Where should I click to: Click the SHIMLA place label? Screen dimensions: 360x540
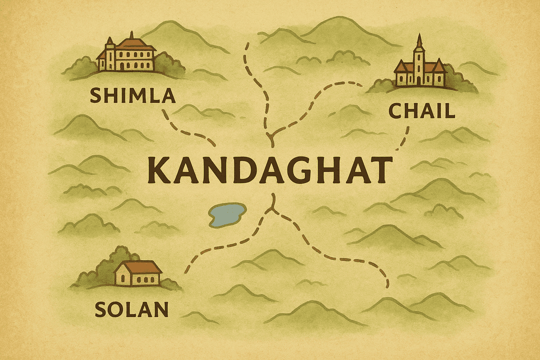coord(132,95)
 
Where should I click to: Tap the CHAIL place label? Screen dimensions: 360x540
coord(422,110)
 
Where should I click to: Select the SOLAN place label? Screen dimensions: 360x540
coord(131,310)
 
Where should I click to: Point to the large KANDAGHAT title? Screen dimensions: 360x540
coord(270,169)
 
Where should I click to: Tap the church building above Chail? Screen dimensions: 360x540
coord(420,67)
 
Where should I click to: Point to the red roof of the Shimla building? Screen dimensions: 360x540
coord(132,43)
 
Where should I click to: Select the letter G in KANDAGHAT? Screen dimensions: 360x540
coord(291,169)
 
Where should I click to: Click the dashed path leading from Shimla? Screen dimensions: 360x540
coord(187,131)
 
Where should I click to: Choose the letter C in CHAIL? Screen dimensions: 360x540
coord(395,110)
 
